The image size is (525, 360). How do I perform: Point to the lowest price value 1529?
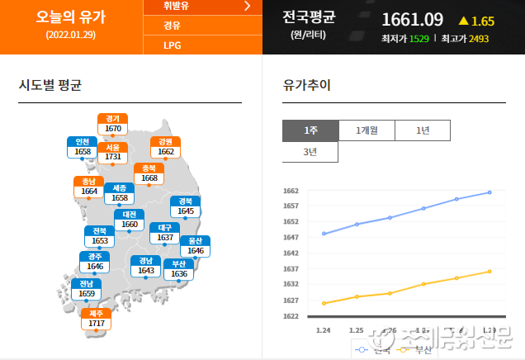419,39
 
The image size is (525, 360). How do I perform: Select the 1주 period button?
310,130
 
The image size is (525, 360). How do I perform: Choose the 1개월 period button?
367,130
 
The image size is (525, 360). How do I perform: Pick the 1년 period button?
423,130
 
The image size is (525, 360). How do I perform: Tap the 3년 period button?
310,152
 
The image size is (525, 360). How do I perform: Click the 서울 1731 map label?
113,152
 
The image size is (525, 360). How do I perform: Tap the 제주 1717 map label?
97,318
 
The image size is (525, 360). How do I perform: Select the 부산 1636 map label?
179,269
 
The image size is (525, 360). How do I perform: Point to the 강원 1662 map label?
166,147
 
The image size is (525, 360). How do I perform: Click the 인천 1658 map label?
83,147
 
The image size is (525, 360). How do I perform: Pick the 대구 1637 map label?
165,232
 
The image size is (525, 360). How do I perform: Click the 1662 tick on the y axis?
291,191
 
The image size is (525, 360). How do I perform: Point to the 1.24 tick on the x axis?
324,330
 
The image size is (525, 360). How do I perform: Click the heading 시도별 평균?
50,85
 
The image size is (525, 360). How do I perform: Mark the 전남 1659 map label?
87,289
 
